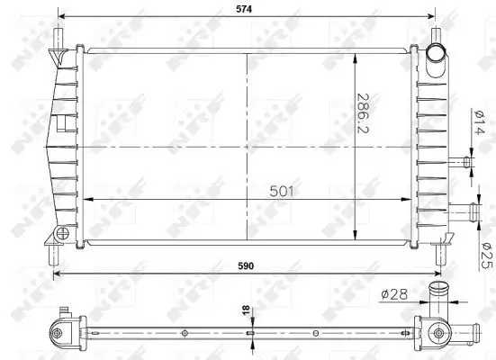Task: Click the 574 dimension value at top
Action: (244, 10)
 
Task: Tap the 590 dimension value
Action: (246, 266)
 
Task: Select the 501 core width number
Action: (282, 192)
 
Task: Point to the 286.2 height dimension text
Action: (363, 112)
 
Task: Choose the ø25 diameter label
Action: (488, 256)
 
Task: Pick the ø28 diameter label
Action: (394, 294)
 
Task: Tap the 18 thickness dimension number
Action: (246, 310)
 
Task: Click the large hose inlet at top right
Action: (436, 53)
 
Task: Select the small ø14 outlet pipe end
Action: (467, 162)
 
